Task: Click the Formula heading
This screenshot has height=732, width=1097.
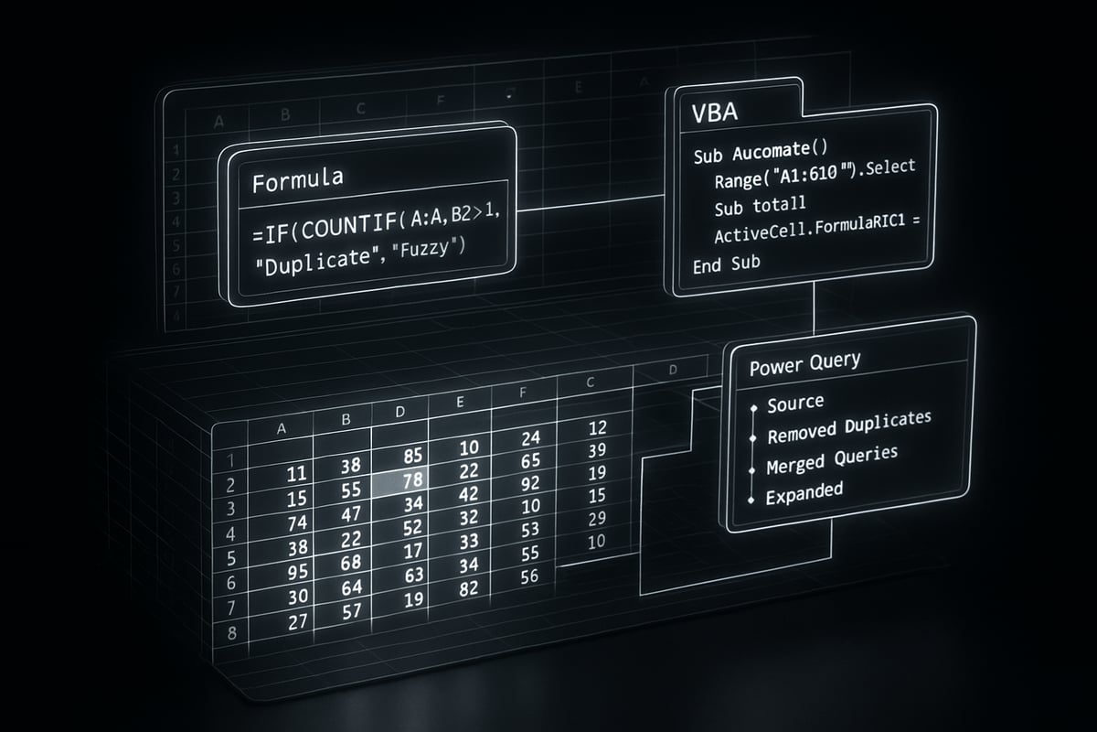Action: (297, 180)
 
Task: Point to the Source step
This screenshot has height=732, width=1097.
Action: (794, 403)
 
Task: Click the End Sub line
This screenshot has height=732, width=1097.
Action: (726, 263)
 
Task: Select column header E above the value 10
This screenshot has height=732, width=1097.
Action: (460, 402)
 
